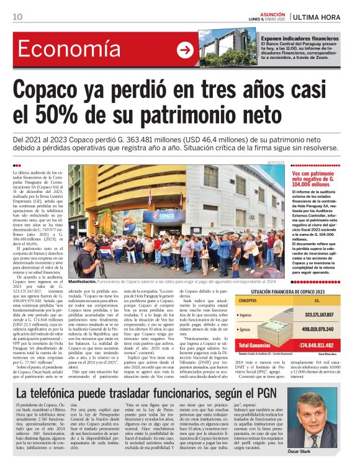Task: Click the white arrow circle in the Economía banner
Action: coord(185,50)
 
